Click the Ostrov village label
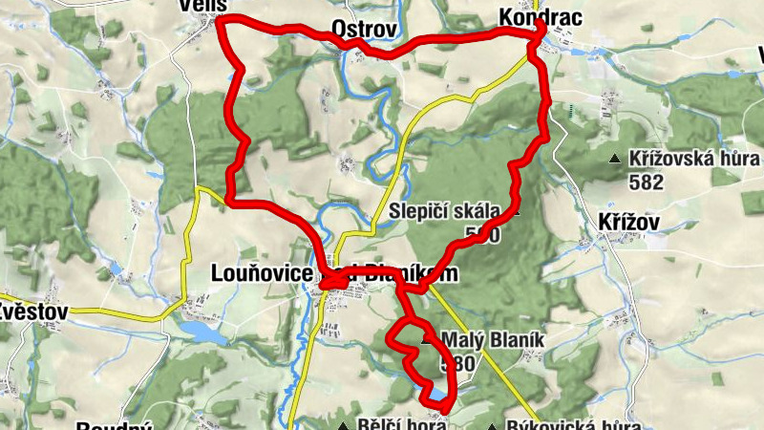[363, 30]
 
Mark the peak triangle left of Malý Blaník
[426, 337]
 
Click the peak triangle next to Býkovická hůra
[493, 426]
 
